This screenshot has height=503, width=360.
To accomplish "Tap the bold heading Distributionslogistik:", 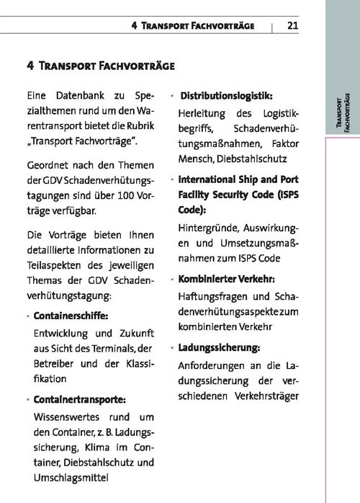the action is tap(226, 96).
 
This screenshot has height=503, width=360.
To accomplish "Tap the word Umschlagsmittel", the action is tap(70, 478).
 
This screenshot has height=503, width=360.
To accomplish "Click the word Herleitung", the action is tap(202, 113).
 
